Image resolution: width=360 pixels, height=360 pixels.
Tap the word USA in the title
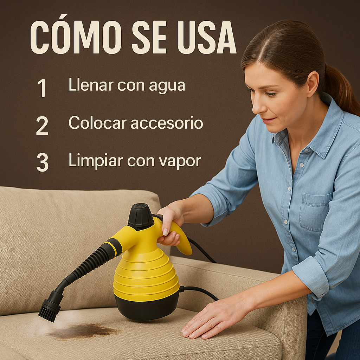[x=207, y=38]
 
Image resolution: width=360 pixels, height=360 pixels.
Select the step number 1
[x=42, y=88]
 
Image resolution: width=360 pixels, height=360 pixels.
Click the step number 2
[x=42, y=126]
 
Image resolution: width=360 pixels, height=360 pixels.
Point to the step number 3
[x=43, y=162]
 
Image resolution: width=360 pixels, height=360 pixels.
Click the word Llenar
[x=91, y=85]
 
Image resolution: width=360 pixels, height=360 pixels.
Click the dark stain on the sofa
[x=84, y=330]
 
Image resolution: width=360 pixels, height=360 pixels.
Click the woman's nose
[x=257, y=106]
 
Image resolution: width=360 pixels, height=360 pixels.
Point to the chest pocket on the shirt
[x=315, y=212]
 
